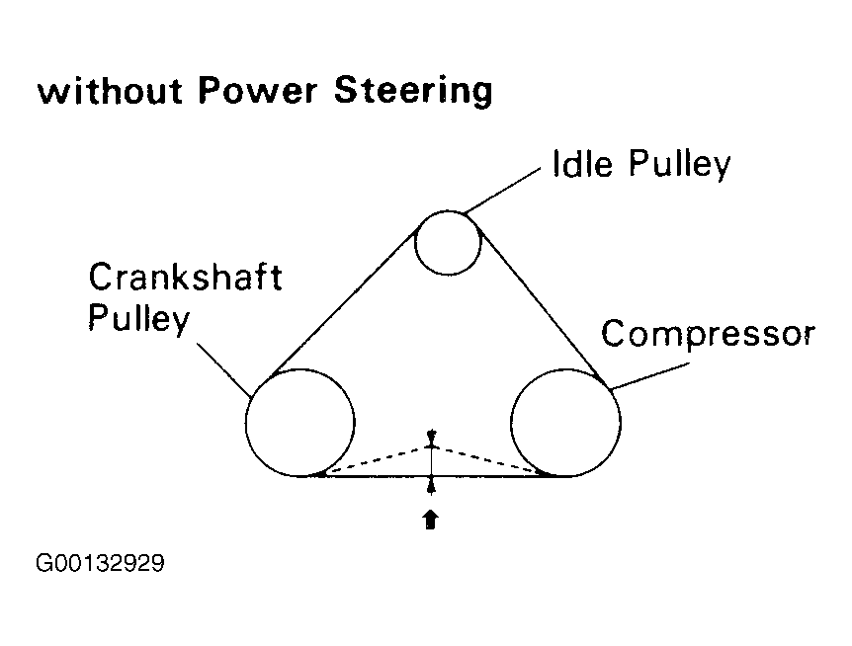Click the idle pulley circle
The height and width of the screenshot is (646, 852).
click(x=448, y=243)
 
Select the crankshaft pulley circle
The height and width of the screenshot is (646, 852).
click(x=299, y=422)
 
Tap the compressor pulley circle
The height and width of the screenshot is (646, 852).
click(x=566, y=422)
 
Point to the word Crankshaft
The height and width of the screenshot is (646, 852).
click(x=186, y=278)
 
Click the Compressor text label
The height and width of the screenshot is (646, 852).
click(x=708, y=335)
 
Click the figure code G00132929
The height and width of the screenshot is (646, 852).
click(x=99, y=564)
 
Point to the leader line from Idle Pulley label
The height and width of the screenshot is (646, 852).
click(x=504, y=190)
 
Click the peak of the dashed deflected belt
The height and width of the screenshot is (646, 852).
click(x=431, y=445)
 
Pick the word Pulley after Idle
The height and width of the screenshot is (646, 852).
click(x=681, y=164)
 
